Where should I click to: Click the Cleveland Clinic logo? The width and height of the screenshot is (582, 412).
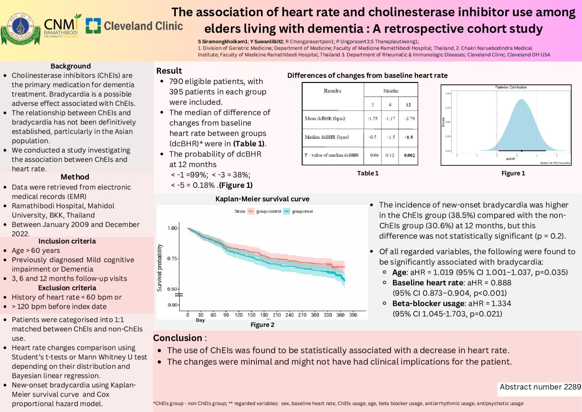(x=134, y=26)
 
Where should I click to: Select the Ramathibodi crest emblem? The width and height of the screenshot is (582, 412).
(x=20, y=29)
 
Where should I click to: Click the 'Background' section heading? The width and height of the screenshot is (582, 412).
(x=70, y=66)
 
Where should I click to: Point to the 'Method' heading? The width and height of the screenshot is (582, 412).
(x=75, y=177)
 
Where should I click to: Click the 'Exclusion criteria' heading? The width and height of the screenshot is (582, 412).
(x=67, y=288)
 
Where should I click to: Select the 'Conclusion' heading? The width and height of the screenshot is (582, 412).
(x=178, y=338)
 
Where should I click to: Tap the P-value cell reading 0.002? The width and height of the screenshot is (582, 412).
(x=409, y=155)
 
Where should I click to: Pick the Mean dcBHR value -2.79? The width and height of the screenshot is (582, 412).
(x=410, y=118)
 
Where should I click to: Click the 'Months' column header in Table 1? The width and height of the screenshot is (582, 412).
(x=390, y=91)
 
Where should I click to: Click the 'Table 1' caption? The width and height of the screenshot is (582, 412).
(x=368, y=173)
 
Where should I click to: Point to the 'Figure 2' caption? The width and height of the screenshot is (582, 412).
(x=262, y=325)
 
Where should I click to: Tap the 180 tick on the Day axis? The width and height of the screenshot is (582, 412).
(x=264, y=315)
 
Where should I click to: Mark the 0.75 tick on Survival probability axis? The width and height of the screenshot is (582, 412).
(x=172, y=258)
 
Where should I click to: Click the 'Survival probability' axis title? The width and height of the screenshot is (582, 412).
(x=160, y=267)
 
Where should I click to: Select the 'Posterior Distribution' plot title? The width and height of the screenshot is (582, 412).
(x=511, y=87)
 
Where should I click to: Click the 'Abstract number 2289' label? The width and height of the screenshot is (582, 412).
(x=540, y=387)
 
